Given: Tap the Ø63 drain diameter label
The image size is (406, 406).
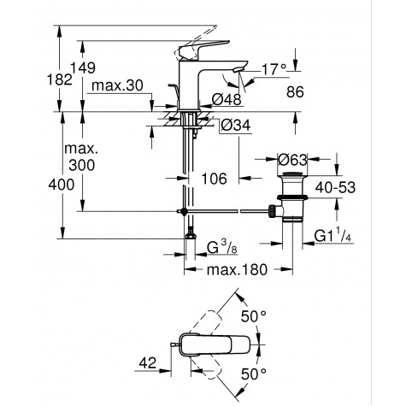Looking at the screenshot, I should [293, 158].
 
